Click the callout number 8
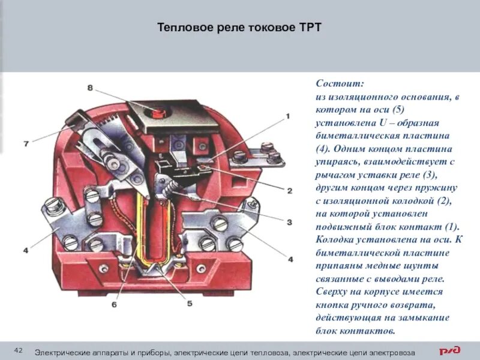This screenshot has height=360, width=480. coord(90,88)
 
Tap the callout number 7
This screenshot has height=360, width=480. coord(26,144)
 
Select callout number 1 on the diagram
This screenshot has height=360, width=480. coord(287,116)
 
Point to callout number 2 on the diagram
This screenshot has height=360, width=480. coord(289,191)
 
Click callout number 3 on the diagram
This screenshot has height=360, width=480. coord(289,222)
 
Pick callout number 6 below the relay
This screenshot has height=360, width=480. coord(115,304)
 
